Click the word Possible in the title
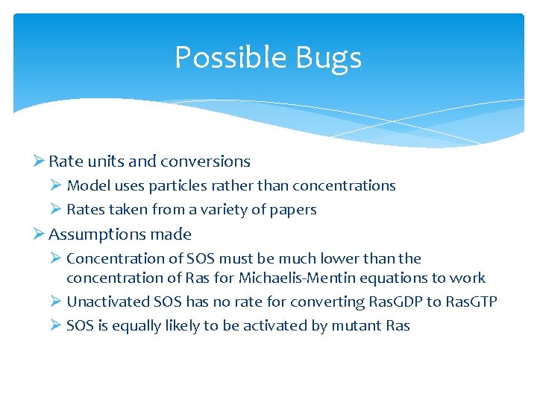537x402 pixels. (223, 58)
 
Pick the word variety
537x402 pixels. (222, 210)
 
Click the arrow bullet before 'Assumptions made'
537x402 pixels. (40, 234)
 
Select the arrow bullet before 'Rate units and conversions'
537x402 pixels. (40, 162)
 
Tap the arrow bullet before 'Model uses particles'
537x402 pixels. (57, 185)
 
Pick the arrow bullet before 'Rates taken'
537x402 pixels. (57, 210)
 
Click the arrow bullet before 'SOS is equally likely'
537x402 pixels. (57, 325)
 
